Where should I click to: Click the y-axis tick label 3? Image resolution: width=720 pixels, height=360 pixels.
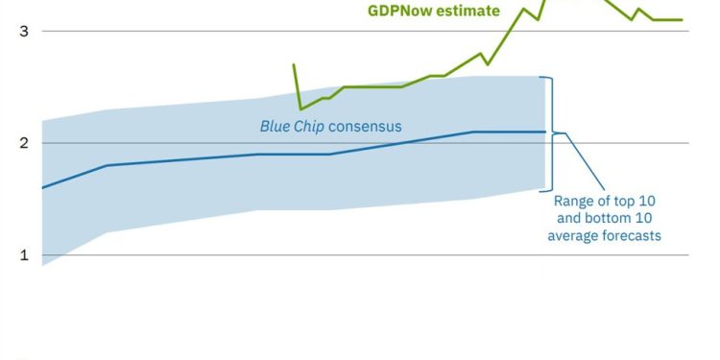coord(24,31)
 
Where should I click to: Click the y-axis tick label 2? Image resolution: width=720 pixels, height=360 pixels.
coord(24,143)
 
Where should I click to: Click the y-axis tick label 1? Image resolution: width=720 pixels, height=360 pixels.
coord(24,255)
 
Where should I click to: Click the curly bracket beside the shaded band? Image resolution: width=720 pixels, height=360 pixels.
coord(550,132)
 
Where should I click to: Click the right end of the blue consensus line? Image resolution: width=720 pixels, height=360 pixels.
coord(544,132)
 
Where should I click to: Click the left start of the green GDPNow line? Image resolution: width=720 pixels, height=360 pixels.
coord(293,64)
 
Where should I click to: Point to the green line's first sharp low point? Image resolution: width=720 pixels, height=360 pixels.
coord(300,108)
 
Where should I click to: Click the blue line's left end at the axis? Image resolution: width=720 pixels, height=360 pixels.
coord(43,187)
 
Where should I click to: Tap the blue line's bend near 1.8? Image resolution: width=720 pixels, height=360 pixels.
coord(106,165)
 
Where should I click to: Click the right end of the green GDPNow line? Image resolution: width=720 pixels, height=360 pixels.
coord(682,19)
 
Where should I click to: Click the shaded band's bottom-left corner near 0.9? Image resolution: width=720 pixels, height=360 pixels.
coord(43,265)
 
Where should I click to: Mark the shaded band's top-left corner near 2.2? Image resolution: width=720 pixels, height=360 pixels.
coord(43,121)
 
